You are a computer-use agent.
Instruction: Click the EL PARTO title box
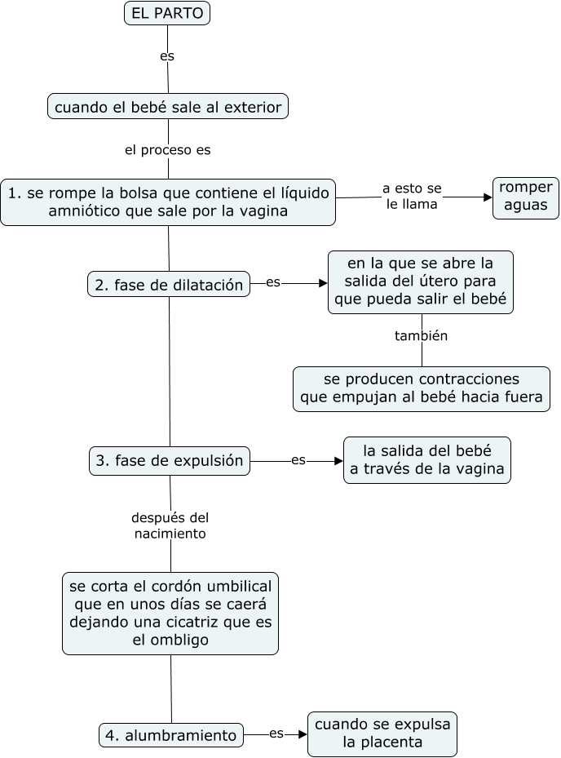click(168, 13)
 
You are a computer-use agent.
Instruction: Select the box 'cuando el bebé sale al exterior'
click(168, 107)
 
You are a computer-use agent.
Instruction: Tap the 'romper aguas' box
click(526, 197)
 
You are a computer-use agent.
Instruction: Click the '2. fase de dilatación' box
click(169, 285)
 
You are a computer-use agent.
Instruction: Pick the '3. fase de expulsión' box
click(170, 460)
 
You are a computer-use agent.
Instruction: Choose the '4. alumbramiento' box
click(171, 734)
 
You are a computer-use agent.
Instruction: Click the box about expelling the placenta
click(382, 733)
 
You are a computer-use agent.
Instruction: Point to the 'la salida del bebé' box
click(427, 460)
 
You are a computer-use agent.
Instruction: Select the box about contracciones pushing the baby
click(422, 389)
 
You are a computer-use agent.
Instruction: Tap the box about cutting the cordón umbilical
click(170, 613)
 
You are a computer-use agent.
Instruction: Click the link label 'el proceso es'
click(168, 150)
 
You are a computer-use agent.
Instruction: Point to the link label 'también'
click(422, 335)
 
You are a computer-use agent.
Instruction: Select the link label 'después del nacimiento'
click(170, 525)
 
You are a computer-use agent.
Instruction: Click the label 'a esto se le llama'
click(412, 197)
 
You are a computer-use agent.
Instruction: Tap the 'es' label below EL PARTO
click(167, 56)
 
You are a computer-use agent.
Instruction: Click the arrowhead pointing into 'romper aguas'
click(488, 197)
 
